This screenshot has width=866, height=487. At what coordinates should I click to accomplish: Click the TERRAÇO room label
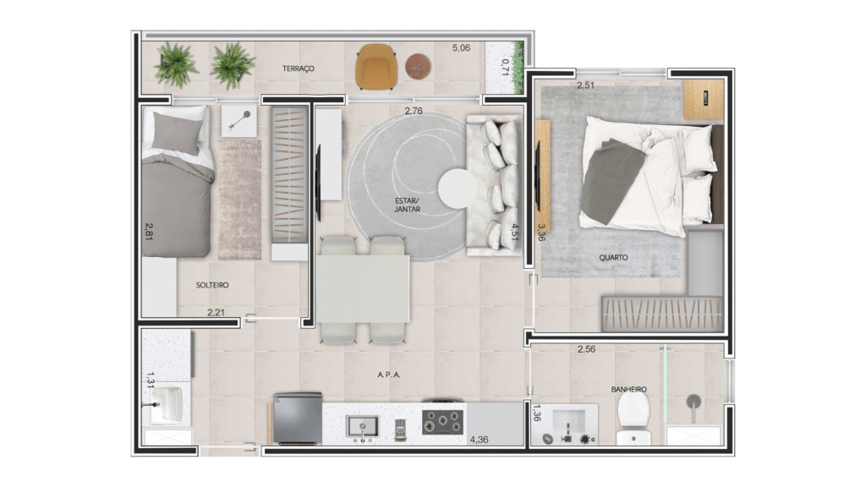pos(299,68)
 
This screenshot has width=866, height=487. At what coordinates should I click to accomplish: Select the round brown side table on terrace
pos(419,66)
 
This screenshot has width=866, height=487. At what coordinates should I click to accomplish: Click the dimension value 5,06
pos(461,48)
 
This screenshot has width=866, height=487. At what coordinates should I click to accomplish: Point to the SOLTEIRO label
pos(212,286)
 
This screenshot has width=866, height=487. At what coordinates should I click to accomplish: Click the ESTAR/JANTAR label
pos(407,204)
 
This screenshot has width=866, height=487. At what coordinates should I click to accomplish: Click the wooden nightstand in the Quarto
pos(703,99)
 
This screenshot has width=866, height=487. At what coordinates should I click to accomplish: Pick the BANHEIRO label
pos(628,390)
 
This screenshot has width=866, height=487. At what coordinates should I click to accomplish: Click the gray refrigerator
pos(297,419)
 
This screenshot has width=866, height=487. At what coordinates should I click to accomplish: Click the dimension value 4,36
pos(479,439)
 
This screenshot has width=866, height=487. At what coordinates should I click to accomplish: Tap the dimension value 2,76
pos(414,111)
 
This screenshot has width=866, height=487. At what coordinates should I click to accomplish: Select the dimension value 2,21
pos(217,313)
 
